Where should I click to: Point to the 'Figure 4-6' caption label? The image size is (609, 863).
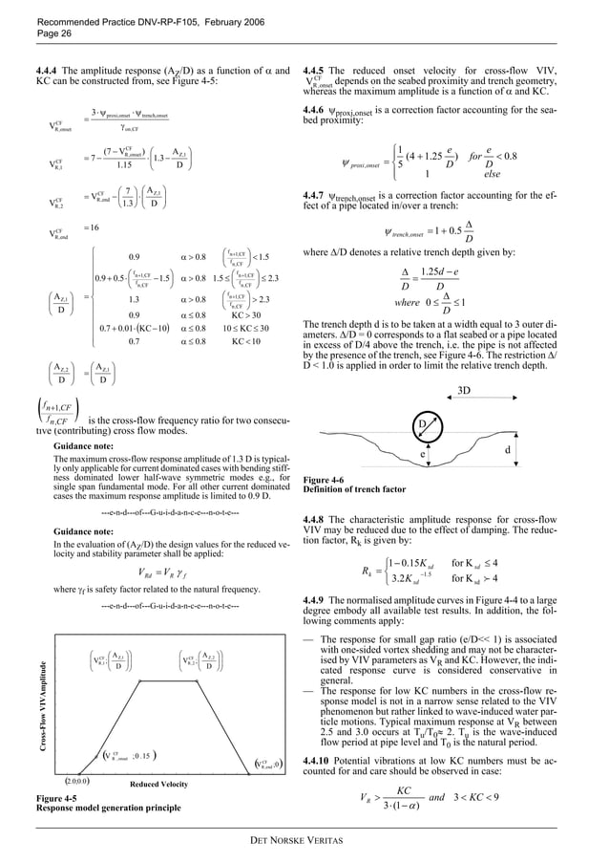click(321, 478)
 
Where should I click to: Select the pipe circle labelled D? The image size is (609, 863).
click(422, 423)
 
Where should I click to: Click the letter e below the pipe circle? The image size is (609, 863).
click(422, 455)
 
